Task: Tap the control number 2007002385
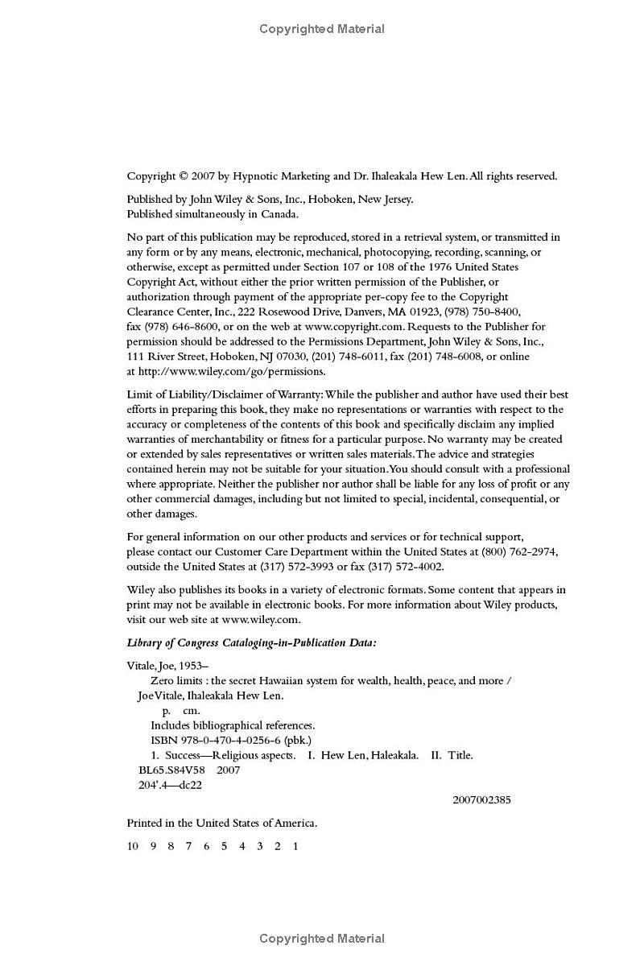[x=481, y=800]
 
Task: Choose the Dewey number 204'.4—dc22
[x=170, y=785]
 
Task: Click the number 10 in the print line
[x=133, y=846]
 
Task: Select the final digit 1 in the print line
[x=295, y=846]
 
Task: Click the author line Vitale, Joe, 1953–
[x=167, y=666]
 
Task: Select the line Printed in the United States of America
[x=221, y=824]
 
